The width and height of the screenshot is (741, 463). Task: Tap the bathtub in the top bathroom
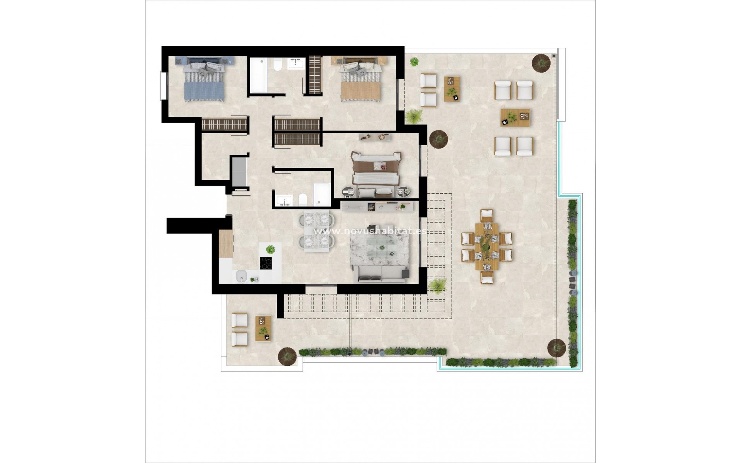click(258, 76)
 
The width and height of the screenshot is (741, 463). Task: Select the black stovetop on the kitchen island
click(266, 263)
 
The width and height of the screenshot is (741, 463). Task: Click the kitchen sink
click(242, 275)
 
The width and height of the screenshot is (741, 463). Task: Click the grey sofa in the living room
click(380, 274)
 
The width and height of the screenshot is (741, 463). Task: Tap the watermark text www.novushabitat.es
click(370, 231)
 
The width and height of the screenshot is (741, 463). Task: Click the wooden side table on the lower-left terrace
click(263, 328)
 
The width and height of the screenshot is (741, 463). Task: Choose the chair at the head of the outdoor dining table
click(487, 215)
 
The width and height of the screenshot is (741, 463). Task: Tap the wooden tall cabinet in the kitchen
click(226, 243)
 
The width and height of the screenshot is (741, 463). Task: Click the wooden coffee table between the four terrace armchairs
click(515, 117)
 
